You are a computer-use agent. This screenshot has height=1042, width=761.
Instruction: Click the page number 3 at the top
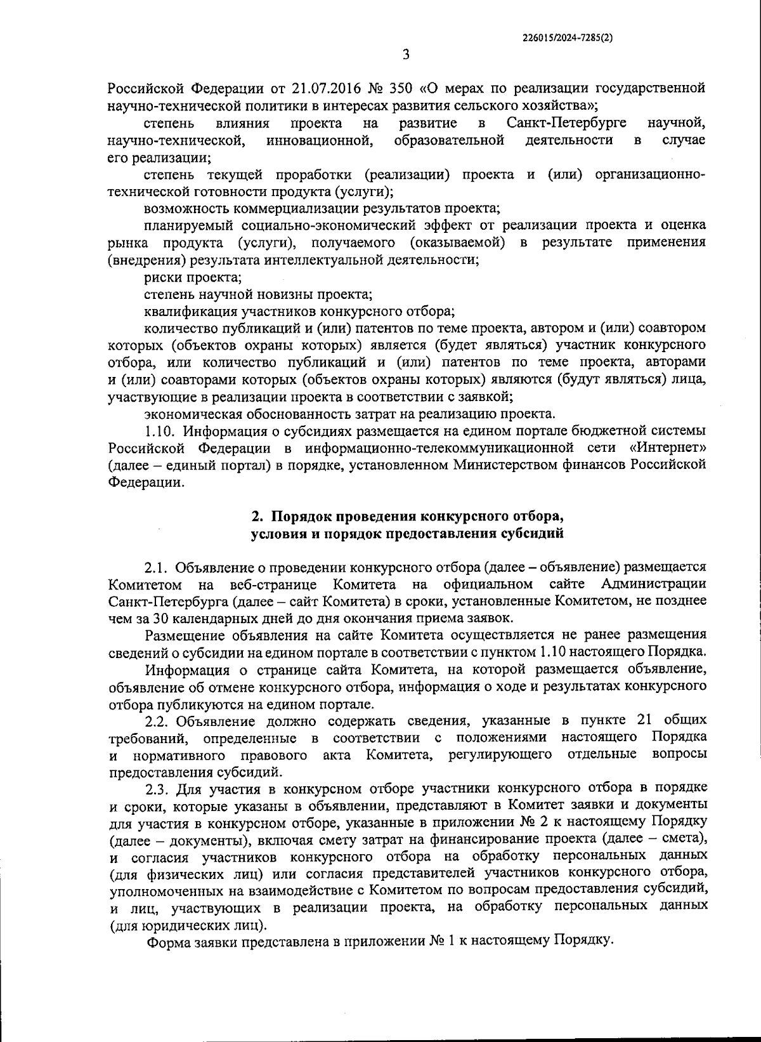(406, 55)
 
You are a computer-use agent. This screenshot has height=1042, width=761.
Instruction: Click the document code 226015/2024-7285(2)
(568, 37)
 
